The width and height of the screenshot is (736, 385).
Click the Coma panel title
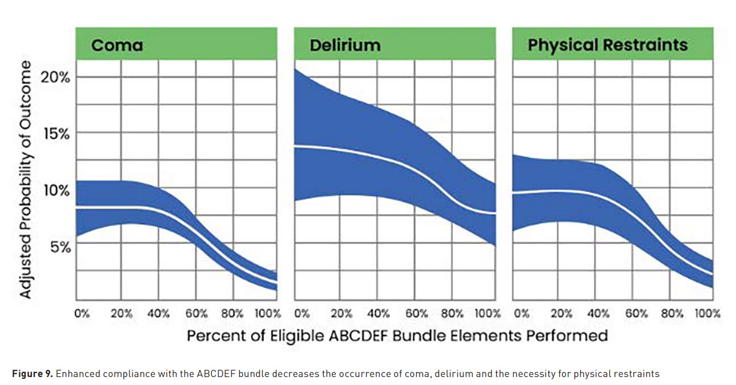pos(118,45)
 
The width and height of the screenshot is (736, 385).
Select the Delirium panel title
pos(345,45)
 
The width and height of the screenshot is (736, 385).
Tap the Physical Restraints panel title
pos(608,45)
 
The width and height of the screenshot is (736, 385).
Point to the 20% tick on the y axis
pos(55,77)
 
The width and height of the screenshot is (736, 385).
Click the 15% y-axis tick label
pos(55,134)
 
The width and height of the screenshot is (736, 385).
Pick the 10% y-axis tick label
pos(55,190)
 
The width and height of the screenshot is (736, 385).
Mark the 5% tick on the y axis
pos(59,247)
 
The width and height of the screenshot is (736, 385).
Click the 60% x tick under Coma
pos(196,313)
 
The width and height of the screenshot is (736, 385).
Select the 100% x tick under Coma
pos(267,313)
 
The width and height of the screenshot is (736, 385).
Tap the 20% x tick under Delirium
pos(341,313)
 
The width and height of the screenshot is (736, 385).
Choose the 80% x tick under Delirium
pos(452,313)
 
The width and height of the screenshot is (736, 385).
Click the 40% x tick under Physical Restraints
pos(597,313)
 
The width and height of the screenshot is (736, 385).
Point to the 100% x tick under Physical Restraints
pos(707,313)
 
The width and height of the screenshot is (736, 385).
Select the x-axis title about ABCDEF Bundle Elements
pos(397,335)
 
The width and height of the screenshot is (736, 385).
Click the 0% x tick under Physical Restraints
pos(521,313)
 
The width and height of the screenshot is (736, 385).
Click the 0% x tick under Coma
pos(82,313)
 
